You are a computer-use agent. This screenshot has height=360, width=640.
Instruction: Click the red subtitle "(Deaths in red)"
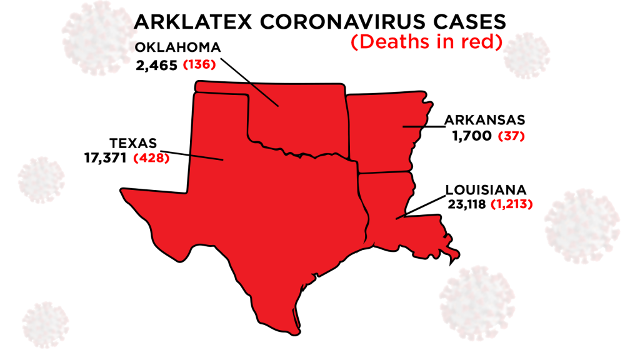427,44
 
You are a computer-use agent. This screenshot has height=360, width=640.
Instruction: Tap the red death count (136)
199,64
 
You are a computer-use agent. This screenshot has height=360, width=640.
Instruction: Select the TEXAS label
133,143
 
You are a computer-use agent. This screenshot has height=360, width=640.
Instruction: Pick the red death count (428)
152,159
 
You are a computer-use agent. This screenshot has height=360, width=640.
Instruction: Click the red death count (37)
511,136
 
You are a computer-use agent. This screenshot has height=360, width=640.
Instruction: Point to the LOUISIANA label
486,189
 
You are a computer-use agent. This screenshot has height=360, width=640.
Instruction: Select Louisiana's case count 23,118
467,203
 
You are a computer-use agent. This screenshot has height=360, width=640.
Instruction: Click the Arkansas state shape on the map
381,131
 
